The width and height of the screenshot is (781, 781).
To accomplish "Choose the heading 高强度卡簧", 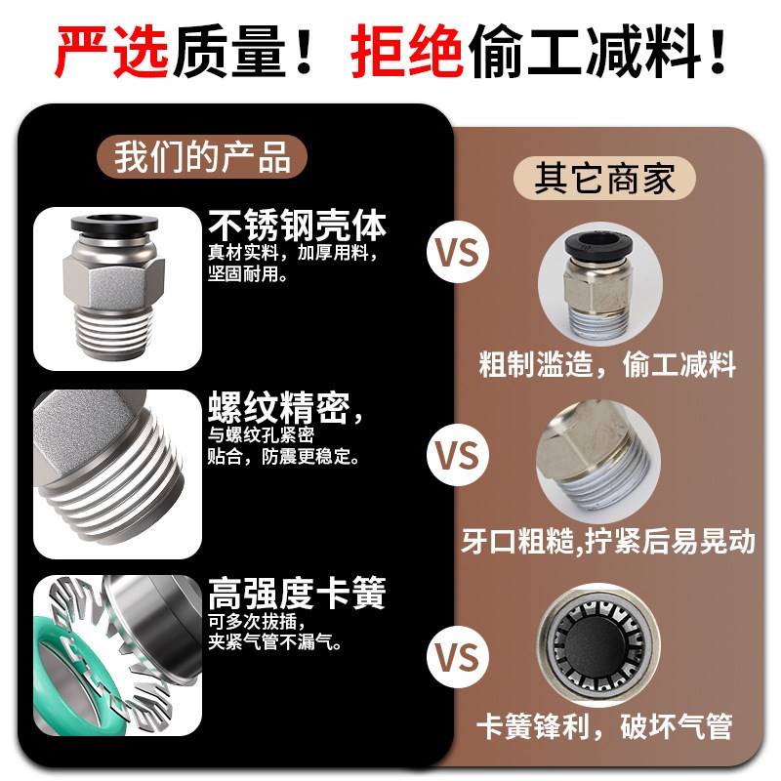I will coord(297,593).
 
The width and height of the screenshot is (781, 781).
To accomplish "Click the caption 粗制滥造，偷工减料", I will coord(607,365).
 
